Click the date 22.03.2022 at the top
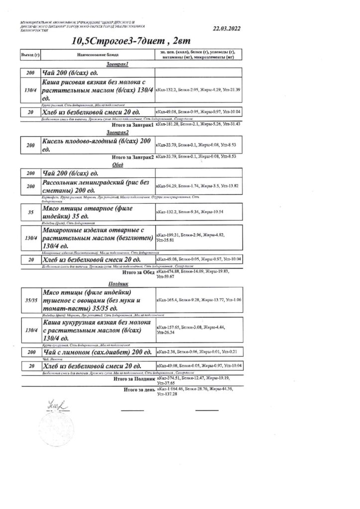coord(226,29)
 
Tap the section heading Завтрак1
coord(118,64)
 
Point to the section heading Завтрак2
coord(118,133)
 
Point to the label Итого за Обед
coord(138,272)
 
